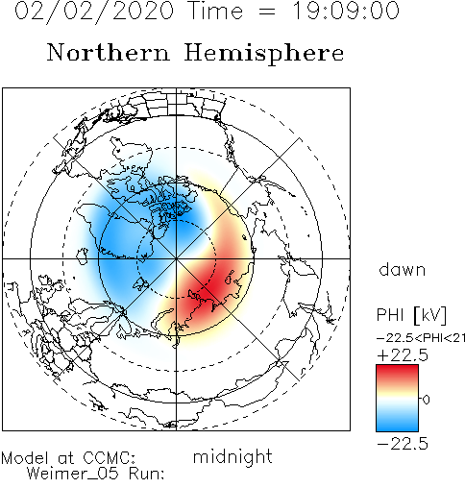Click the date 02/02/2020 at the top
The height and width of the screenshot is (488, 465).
[x=94, y=12]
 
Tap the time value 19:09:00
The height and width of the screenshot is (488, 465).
[x=346, y=11]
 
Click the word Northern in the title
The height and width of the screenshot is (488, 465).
[x=108, y=53]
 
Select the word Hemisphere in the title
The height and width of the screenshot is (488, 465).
[x=264, y=54]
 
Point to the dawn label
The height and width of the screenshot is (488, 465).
[x=403, y=269]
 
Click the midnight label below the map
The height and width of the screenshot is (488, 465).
[x=232, y=457]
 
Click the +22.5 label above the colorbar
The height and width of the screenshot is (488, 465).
[x=403, y=355]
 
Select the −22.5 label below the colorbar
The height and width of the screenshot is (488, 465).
[x=403, y=444]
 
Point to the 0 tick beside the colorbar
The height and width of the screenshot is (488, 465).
[x=426, y=400]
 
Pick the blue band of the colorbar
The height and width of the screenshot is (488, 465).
[x=397, y=421]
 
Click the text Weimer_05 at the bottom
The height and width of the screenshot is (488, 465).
[x=72, y=474]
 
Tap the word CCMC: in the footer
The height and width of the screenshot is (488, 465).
[x=110, y=458]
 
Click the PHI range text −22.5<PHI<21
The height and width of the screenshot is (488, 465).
[x=421, y=338]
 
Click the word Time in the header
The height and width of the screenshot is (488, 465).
[x=216, y=11]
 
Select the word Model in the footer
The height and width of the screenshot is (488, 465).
[x=25, y=458]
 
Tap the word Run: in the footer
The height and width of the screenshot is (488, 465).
[x=147, y=473]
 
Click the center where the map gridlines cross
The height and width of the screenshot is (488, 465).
[x=176, y=258]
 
